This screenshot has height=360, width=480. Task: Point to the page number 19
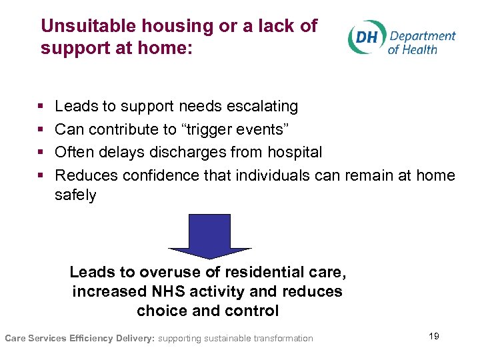[x=433, y=336]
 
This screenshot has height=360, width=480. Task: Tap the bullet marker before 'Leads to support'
[x=42, y=107]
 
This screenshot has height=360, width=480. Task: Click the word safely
[x=75, y=195]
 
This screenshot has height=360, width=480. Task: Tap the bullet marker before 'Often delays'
[x=42, y=153]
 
